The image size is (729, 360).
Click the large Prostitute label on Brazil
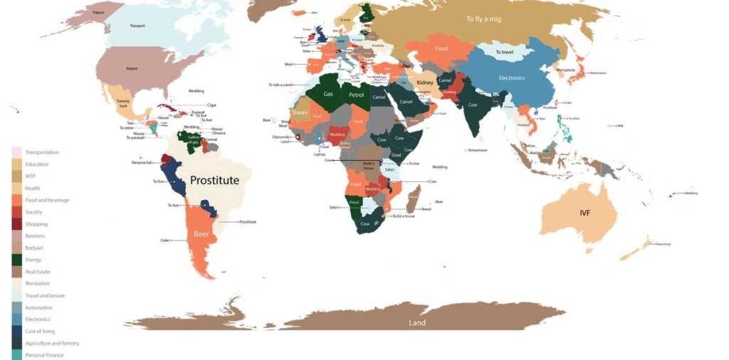[214, 181]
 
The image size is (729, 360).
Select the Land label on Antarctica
[417, 323]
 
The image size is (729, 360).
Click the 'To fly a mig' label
[483, 19]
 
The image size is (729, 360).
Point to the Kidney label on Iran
[425, 83]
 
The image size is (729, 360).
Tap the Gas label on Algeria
[328, 94]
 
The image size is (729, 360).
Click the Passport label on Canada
[137, 26]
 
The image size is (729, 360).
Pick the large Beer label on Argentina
[201, 233]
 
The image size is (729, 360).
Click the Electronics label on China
[511, 78]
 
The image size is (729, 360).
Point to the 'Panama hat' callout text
[142, 163]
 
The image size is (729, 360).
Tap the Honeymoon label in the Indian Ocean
[477, 150]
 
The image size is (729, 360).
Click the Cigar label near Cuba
[211, 105]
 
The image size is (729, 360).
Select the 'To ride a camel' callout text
[280, 85]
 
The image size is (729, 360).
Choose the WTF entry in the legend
[31, 176]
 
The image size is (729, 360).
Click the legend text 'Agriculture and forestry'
[52, 344]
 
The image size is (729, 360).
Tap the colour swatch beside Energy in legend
[16, 260]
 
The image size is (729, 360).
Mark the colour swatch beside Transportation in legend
[16, 152]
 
